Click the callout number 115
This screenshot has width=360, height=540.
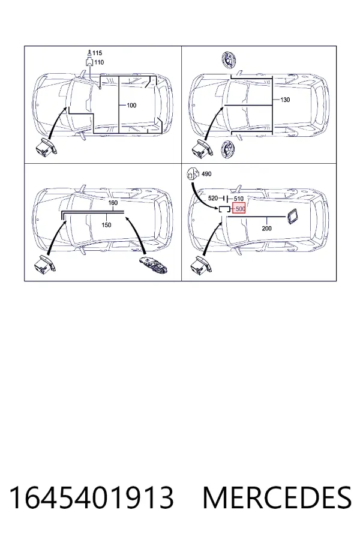pos(97,53)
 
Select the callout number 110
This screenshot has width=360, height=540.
pos(99,62)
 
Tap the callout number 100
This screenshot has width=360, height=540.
pos(131,105)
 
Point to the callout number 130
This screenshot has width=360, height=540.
pos(285,100)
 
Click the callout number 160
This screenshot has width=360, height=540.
pos(113,203)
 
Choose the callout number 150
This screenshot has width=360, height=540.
pos(106,225)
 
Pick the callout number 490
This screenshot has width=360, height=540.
pos(206,174)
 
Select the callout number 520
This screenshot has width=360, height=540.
pos(213,199)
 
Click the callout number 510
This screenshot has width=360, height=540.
pos(239,199)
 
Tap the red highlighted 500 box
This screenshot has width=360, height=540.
pos(239,209)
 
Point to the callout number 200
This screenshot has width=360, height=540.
pos(266,228)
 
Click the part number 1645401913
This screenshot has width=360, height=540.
pos(92,497)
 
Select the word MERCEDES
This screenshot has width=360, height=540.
pos(277,497)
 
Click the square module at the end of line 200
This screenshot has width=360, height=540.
pos(292,216)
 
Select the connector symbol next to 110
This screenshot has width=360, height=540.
pos(89,62)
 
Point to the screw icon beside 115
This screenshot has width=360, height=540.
pos(89,53)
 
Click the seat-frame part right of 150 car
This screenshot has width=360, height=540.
pos(154,265)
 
